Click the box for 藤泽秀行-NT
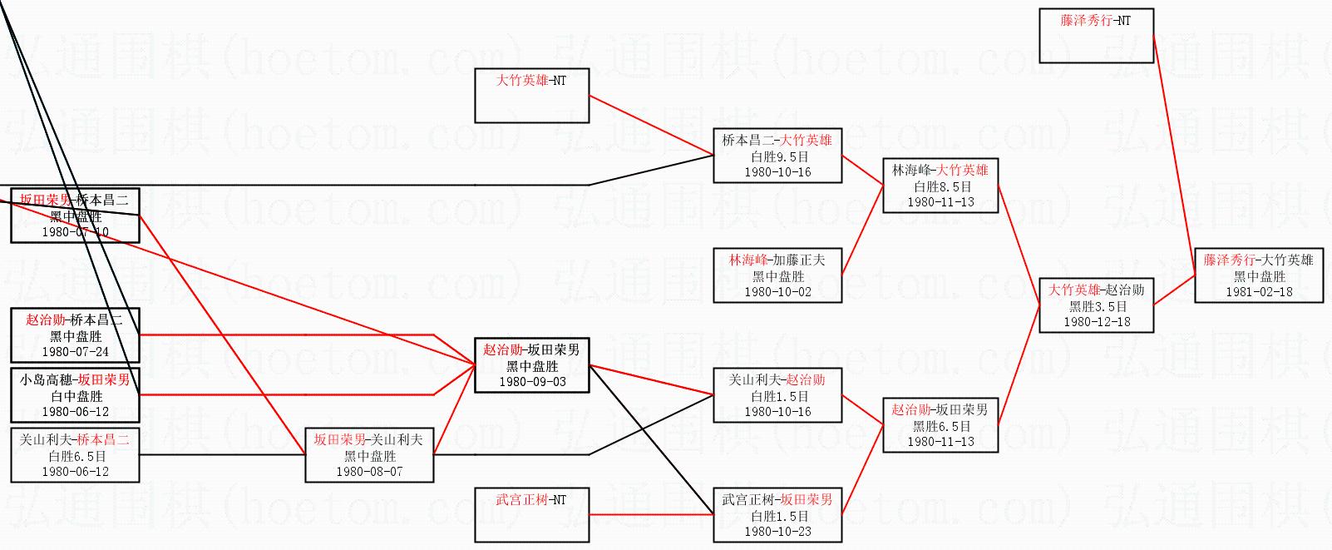1096,36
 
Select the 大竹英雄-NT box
531,95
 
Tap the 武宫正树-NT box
531,514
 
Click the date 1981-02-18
1259,292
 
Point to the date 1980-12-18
1096,322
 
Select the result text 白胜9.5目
778,156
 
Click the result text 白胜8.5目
941,187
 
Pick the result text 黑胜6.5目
941,426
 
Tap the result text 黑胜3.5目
1096,306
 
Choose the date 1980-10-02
777,292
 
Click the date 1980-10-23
777,532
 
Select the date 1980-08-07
369,472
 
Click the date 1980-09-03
531,382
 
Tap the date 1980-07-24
75,352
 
